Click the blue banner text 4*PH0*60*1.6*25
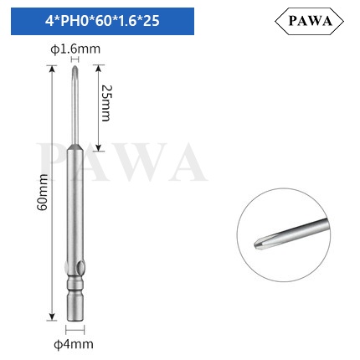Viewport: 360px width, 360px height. click(102, 21)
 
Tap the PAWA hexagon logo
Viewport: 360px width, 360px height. click(309, 21)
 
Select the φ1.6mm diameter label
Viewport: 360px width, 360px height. click(75, 49)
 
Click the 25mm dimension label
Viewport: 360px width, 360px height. click(105, 103)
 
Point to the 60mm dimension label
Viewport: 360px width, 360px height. click(43, 193)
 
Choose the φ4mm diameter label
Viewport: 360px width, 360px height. click(74, 344)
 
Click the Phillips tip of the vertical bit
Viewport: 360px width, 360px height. click(75, 69)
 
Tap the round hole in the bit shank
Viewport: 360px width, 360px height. click(81, 269)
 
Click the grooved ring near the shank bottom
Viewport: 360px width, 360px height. click(75, 285)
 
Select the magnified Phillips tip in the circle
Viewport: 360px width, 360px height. click(260, 244)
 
